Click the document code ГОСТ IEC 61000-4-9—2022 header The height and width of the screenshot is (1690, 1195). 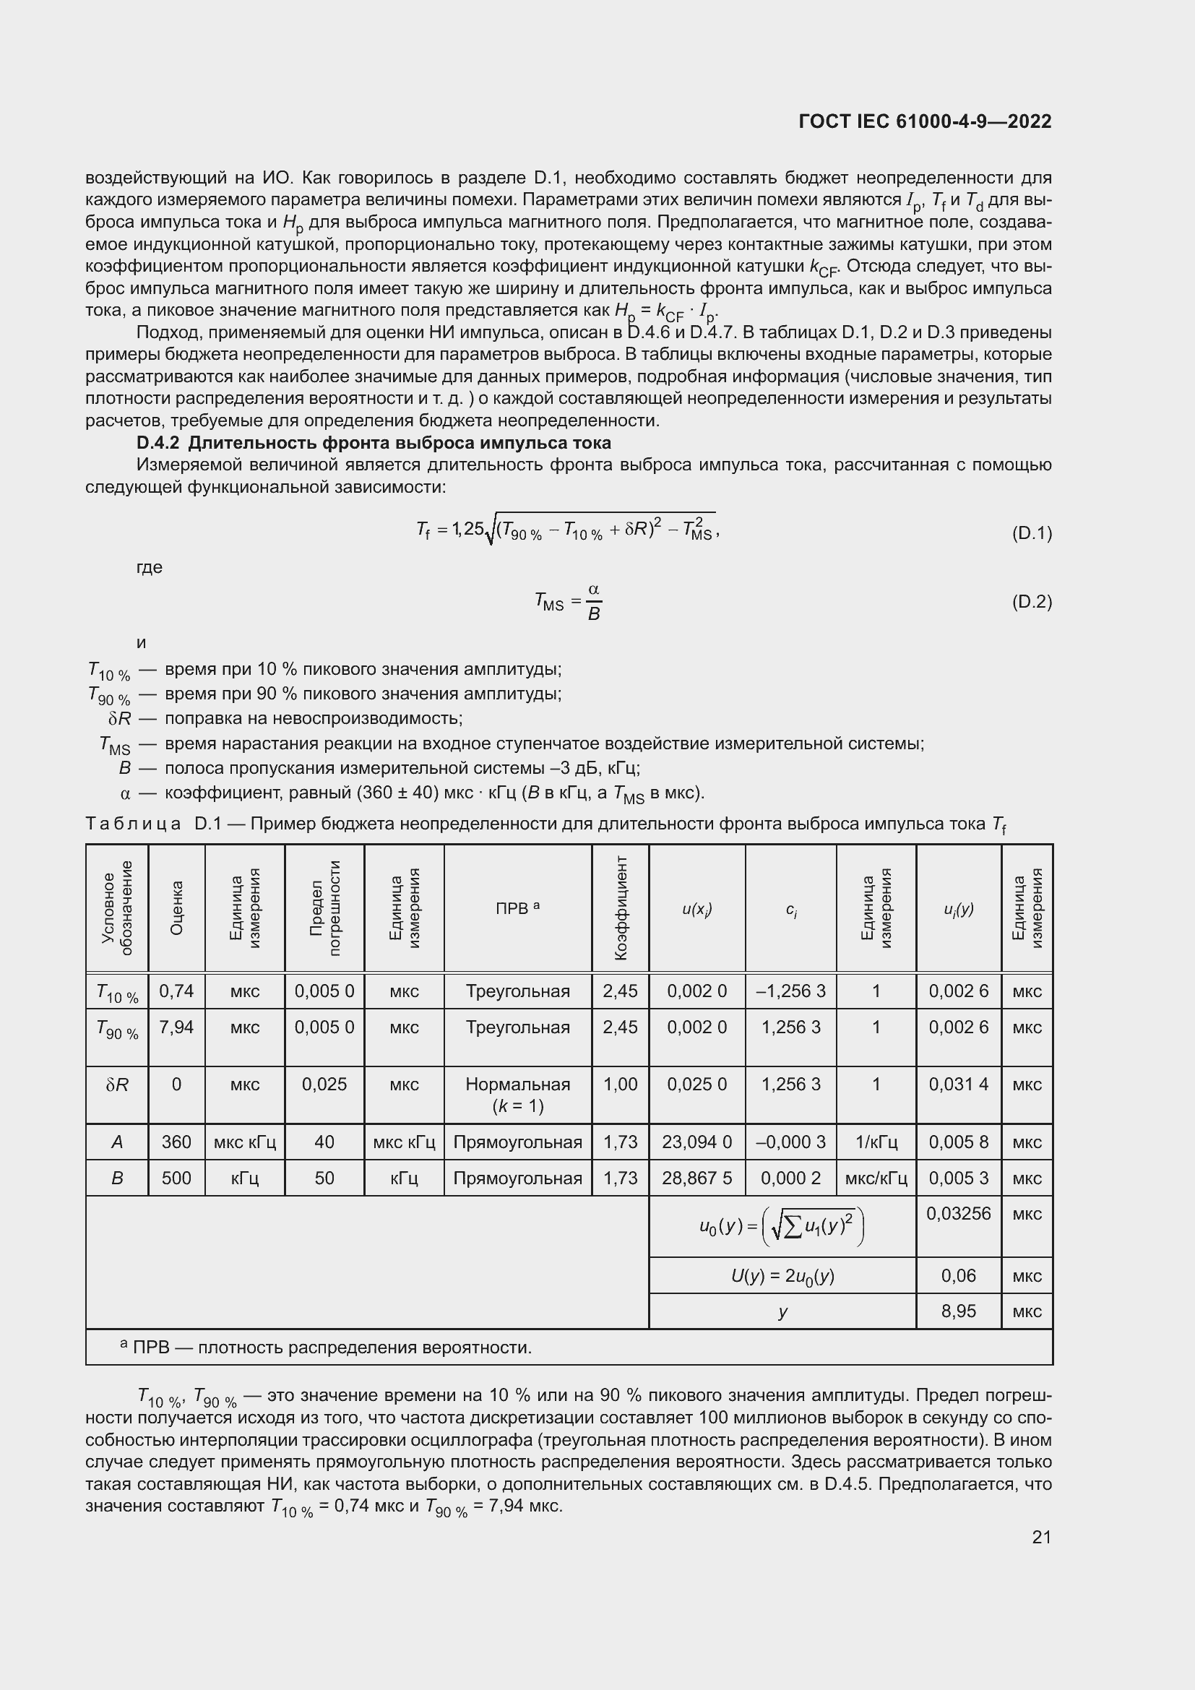coord(924,121)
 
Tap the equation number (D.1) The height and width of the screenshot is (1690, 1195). coord(1032,533)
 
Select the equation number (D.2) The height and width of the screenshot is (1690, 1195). coord(1032,601)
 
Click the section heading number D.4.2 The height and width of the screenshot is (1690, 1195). coord(158,443)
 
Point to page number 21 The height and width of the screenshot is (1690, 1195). coord(1041,1537)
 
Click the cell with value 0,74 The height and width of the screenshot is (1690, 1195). coord(176,991)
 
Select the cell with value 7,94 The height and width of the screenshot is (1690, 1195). coord(176,1027)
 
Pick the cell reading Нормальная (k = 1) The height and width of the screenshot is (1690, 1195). coord(517,1095)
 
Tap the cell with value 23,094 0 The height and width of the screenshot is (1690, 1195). coord(696,1142)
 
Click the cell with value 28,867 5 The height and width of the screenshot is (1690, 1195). coord(696,1178)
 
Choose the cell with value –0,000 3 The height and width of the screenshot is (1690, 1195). coord(790,1142)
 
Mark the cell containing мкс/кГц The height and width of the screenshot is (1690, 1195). coord(876,1178)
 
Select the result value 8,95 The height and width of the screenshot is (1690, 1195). coord(958,1311)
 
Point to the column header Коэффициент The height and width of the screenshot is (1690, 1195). coord(621,907)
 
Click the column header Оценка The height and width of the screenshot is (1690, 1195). coord(176,907)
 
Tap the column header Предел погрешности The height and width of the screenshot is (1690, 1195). coord(324,907)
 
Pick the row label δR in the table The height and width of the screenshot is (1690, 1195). coord(117,1085)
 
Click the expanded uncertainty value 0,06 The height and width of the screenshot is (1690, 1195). coord(958,1275)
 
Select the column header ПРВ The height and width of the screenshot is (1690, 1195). coord(517,908)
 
